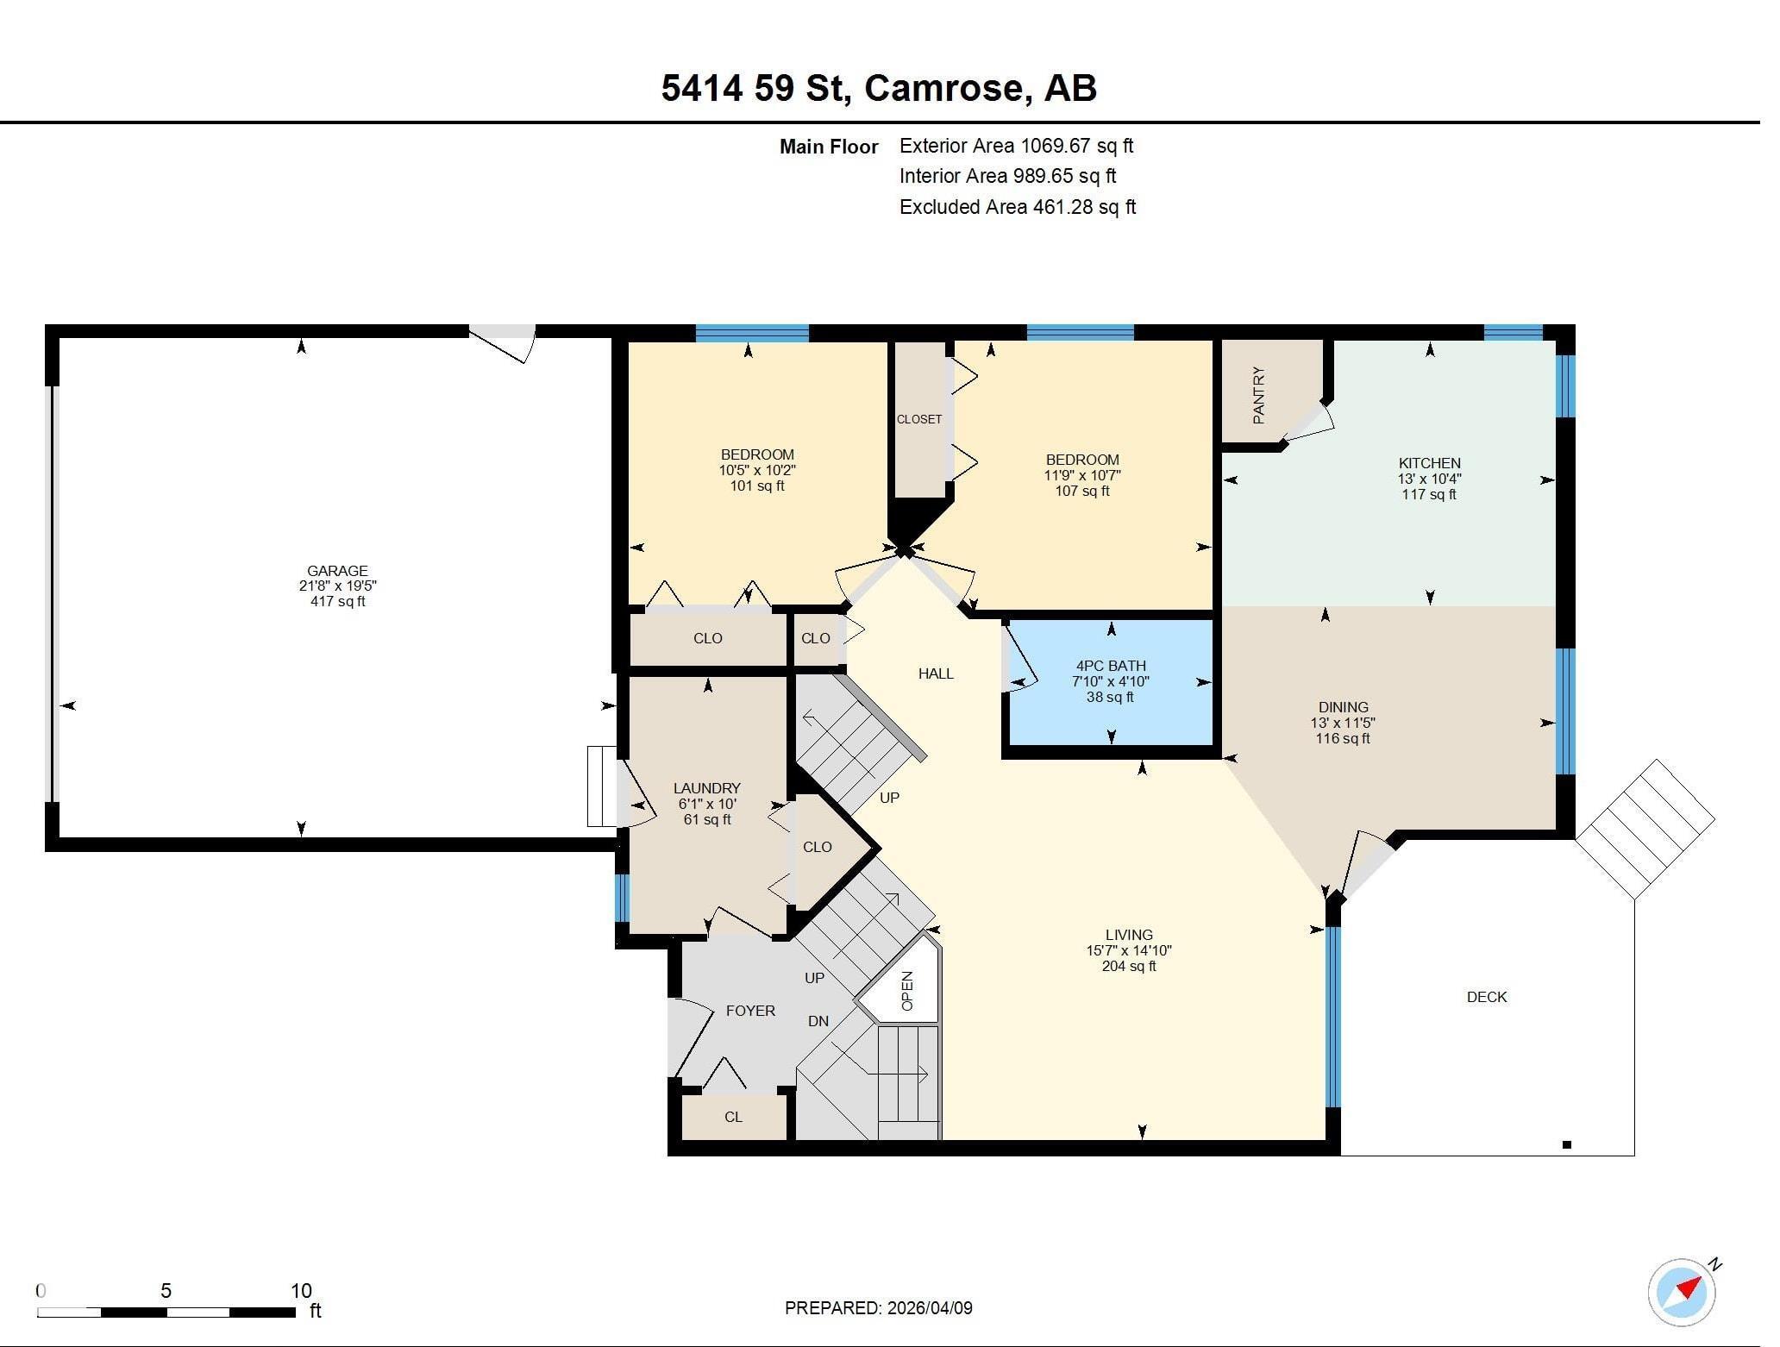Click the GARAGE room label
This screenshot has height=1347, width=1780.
coord(337,570)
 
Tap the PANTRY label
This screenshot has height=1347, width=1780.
coord(1258,395)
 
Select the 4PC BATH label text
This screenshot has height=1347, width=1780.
coord(1110,665)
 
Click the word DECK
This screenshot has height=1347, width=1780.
coord(1486,997)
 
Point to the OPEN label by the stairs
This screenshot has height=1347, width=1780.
coord(907,991)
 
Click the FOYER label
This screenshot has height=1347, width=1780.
coord(749,1011)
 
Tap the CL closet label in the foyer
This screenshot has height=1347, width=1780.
coord(733,1117)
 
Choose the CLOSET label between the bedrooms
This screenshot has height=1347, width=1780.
coord(918,419)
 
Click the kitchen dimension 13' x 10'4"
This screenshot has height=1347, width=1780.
coord(1429,479)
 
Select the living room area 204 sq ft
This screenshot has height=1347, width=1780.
coord(1128,966)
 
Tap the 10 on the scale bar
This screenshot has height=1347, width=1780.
coord(300,1291)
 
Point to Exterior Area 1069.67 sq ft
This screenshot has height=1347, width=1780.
coord(1016,146)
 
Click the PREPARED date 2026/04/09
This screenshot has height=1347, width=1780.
coord(926,1308)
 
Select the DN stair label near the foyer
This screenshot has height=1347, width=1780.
coord(818,1021)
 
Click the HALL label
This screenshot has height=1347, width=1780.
coord(936,673)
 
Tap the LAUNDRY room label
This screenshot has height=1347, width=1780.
coord(706,787)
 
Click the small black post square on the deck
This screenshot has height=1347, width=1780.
coord(1567,1145)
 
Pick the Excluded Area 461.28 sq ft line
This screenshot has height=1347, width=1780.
coord(1017,207)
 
